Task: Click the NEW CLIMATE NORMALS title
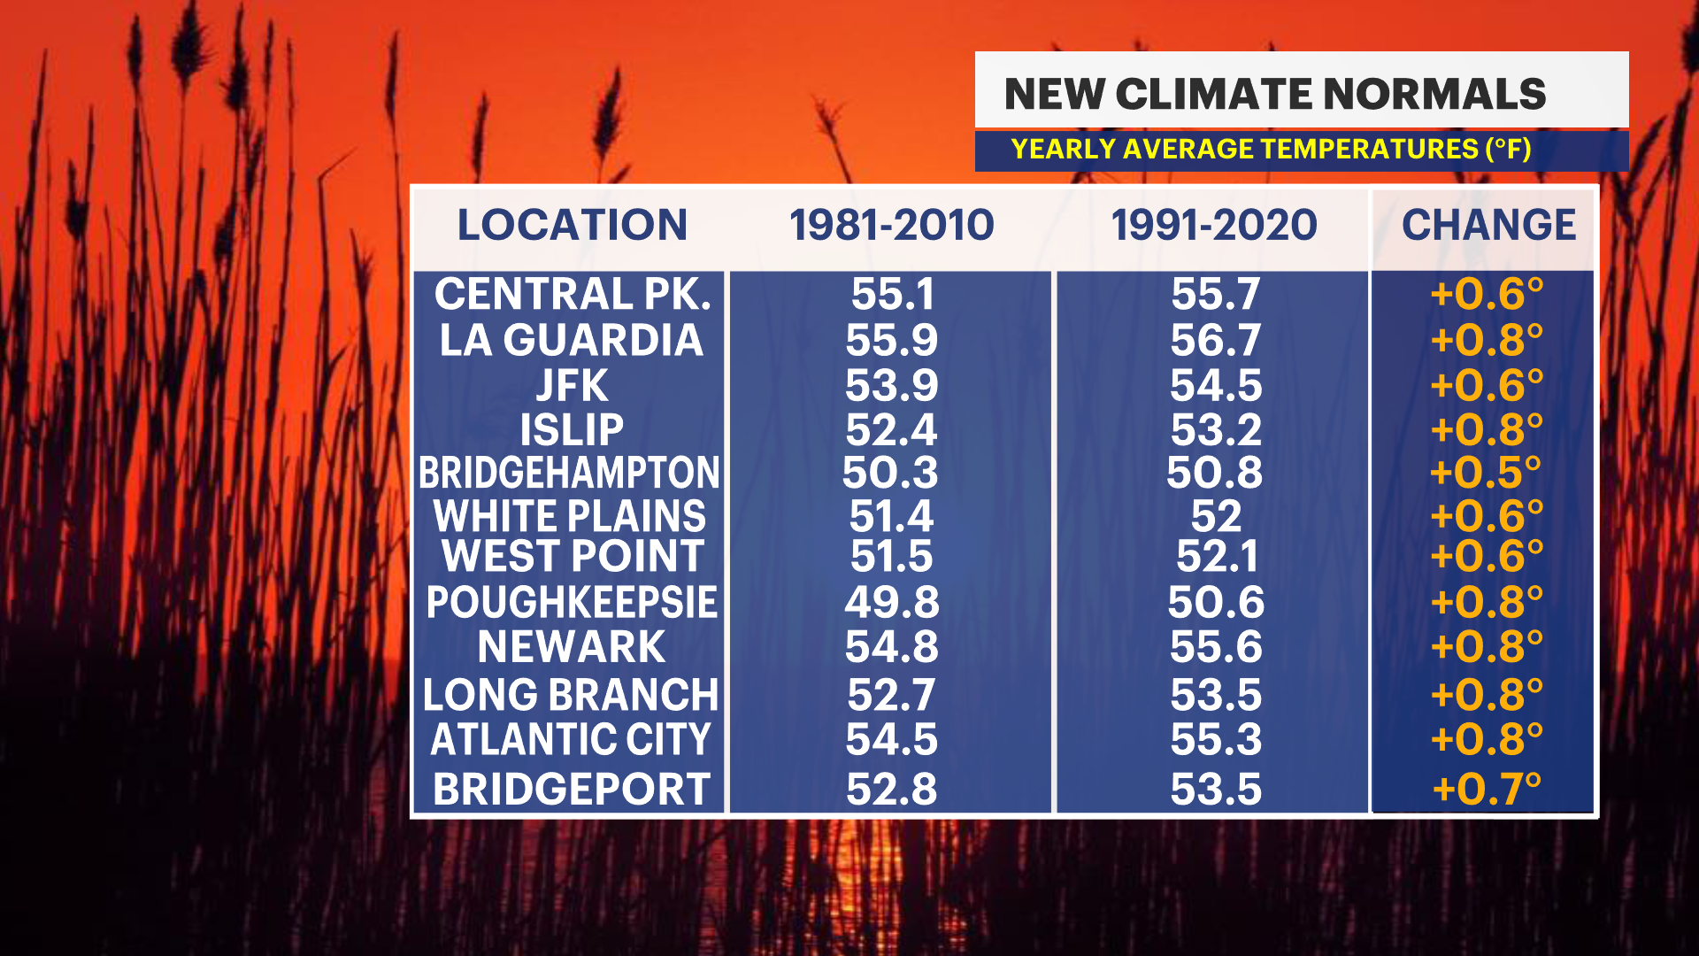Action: [1274, 94]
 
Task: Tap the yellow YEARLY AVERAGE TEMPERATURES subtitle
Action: [1271, 149]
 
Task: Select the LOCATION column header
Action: [572, 225]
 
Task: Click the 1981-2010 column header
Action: [891, 225]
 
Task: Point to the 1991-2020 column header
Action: [1214, 225]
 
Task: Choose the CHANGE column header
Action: [1488, 225]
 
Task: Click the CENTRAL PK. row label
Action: [572, 294]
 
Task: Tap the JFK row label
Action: [572, 386]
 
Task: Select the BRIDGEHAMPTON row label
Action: [569, 473]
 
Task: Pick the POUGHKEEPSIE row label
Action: [572, 603]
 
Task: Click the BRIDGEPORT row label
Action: [572, 790]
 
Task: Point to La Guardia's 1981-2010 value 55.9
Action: [891, 340]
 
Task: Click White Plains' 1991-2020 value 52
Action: [1216, 516]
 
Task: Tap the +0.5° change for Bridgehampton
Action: [1485, 473]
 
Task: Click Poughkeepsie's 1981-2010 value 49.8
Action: [891, 603]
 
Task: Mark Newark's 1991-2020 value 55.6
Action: [1216, 647]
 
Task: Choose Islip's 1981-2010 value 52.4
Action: [891, 430]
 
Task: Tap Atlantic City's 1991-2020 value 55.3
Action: [1216, 740]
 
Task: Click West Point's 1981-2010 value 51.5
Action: [891, 557]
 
